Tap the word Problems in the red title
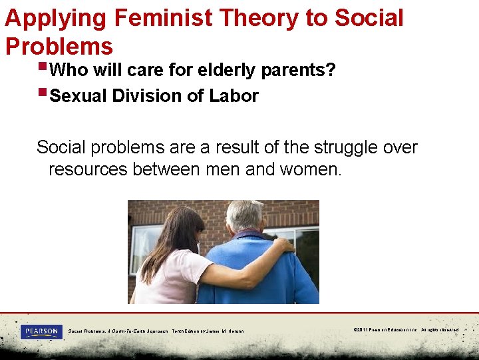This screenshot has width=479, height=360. [59, 46]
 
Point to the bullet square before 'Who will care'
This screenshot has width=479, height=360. [43, 67]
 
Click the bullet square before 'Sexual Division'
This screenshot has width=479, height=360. [43, 93]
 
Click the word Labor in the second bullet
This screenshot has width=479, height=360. [234, 96]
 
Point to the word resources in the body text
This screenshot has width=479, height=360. [88, 169]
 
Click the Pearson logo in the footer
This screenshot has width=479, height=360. [41, 331]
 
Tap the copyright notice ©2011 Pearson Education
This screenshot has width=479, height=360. [406, 330]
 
